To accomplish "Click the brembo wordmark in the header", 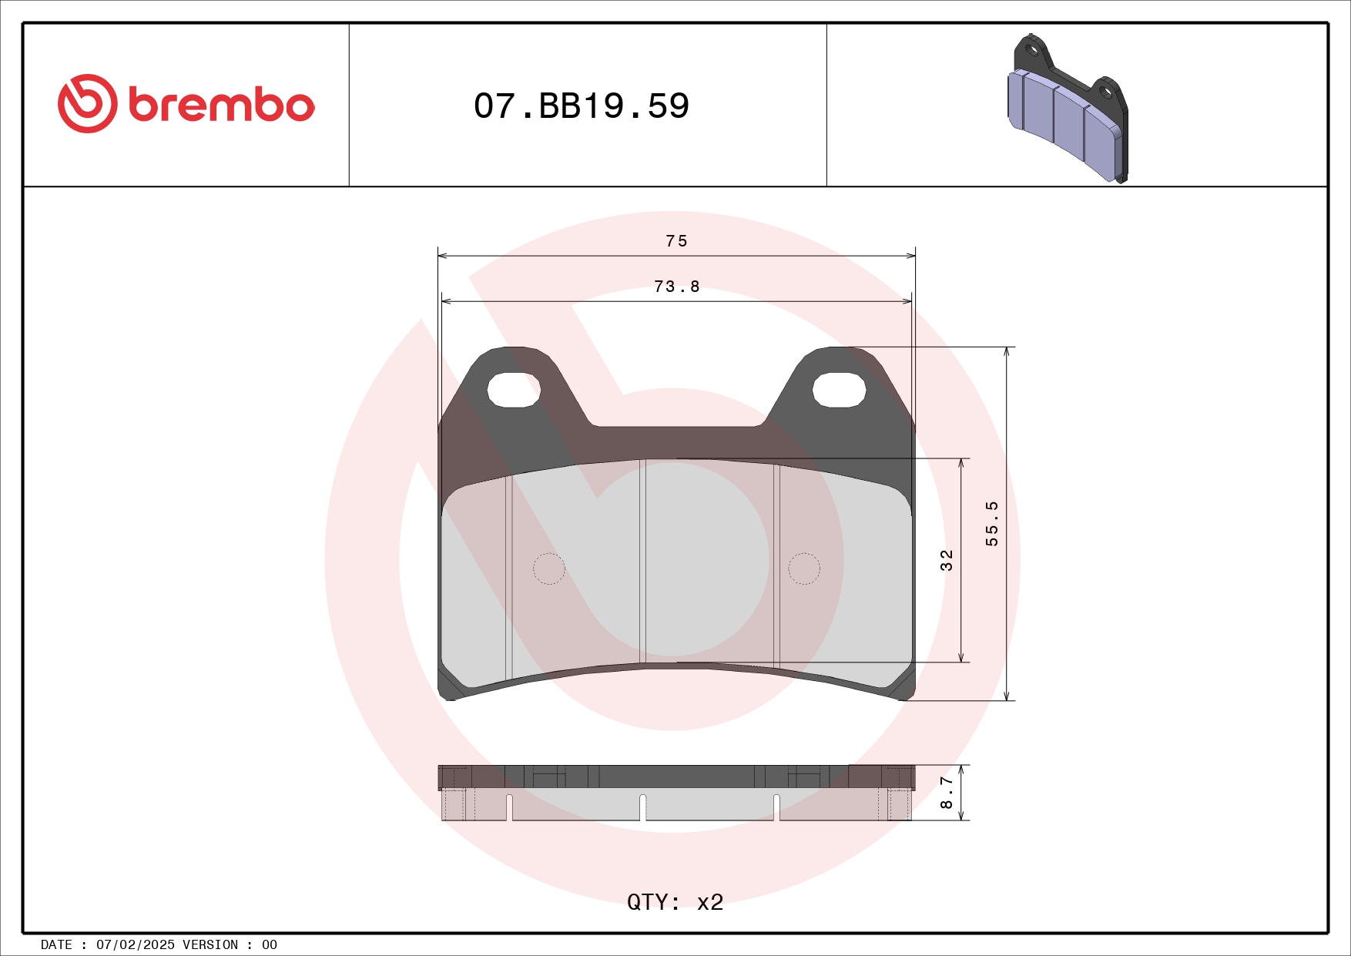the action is click(222, 106).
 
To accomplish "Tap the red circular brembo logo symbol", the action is click(87, 103).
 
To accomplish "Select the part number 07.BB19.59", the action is click(582, 106).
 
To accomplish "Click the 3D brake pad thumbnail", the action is click(1068, 108).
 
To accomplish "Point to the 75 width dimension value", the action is click(676, 241).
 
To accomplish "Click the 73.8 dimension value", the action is click(676, 287).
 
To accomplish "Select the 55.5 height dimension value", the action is click(992, 523).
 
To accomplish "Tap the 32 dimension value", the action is click(947, 560).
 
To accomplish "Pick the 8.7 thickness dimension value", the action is click(947, 793).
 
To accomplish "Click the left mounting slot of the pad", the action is click(514, 390).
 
